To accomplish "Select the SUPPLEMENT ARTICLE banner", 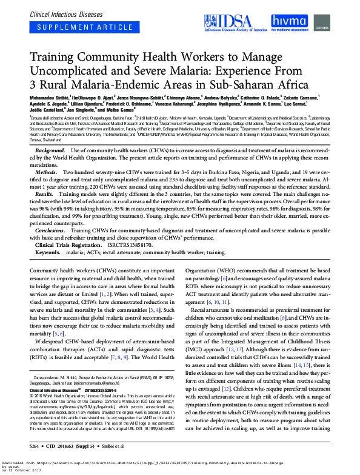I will pyautogui.click(x=72, y=28).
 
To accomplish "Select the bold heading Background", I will pyautogui.click(x=50, y=150).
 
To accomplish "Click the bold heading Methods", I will pyautogui.click(x=47, y=173).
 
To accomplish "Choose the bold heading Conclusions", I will pyautogui.click(x=50, y=231).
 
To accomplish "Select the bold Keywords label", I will pyautogui.click(x=48, y=252).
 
